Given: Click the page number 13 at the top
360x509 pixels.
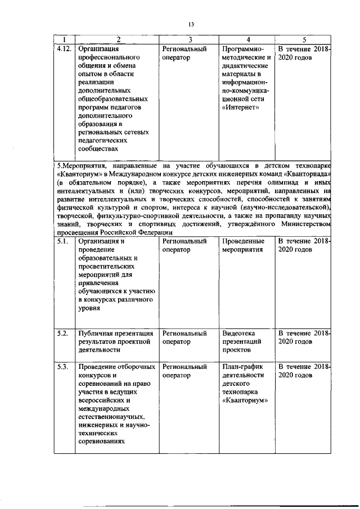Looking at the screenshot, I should click(x=191, y=24).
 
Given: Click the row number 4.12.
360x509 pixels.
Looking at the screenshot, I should click(x=64, y=49).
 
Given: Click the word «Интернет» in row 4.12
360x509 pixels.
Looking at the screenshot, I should click(x=241, y=108).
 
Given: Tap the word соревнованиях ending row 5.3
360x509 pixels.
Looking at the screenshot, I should click(x=103, y=443).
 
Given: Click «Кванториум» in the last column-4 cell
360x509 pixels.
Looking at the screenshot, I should click(x=244, y=401).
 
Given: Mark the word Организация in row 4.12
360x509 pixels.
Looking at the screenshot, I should click(x=98, y=49).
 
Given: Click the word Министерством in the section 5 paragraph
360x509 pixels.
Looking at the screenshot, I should click(x=305, y=225).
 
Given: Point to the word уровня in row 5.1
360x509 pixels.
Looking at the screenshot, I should click(x=89, y=308).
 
